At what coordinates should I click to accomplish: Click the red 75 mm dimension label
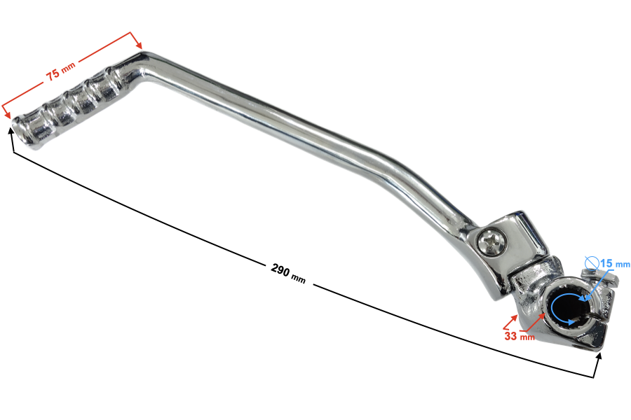(x=61, y=71)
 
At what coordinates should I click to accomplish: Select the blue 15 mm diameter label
(x=615, y=264)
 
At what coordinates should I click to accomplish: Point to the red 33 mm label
(x=520, y=336)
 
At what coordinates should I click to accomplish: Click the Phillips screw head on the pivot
(x=491, y=242)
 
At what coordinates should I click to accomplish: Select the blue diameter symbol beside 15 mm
(x=592, y=263)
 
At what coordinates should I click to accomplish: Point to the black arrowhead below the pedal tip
(x=11, y=132)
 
